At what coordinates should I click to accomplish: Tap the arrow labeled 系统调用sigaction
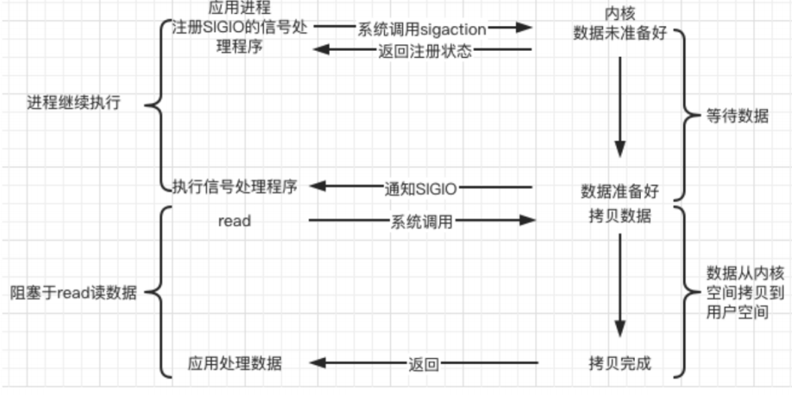coord(422,28)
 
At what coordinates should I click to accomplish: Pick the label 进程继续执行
coord(73,104)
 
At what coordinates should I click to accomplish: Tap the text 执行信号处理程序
coord(235,186)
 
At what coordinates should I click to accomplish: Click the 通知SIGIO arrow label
coord(420,187)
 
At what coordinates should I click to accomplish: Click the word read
coord(235,221)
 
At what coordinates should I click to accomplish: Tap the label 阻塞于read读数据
coord(72,292)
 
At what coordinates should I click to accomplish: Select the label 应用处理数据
coord(235,363)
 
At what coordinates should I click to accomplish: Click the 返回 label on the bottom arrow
coord(423,364)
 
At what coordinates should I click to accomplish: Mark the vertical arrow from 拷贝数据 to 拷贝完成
coord(619,285)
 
